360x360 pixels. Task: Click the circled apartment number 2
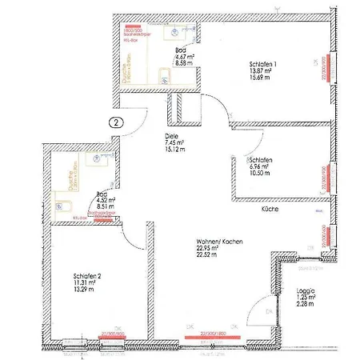coord(117,123)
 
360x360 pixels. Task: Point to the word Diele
coord(172,135)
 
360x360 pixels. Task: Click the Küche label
coord(269,210)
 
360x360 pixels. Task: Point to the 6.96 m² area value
coord(261,169)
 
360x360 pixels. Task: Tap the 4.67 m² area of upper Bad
coord(186,57)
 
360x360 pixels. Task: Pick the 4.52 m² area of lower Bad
coord(106,200)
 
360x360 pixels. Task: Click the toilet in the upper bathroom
coord(163,78)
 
